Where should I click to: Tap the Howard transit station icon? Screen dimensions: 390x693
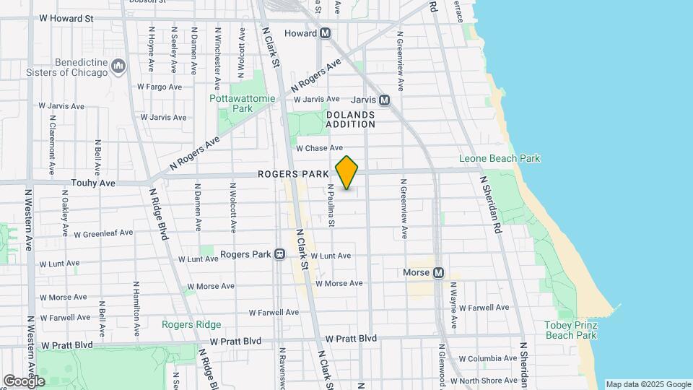pos(326,33)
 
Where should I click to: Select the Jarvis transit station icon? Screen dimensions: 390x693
pos(384,100)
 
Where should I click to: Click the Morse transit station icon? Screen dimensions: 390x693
pos(437,273)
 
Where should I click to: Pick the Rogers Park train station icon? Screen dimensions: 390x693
pos(279,254)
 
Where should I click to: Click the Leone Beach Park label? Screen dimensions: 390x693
pos(500,158)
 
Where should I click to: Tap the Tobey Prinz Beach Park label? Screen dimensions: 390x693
pos(570,330)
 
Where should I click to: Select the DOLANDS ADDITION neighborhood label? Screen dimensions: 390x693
pos(350,119)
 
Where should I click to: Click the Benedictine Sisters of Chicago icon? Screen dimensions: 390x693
pos(118,67)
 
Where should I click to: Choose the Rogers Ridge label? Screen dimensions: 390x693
pos(191,324)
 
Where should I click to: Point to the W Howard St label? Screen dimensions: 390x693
pos(66,17)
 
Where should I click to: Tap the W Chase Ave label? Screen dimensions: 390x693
pos(319,148)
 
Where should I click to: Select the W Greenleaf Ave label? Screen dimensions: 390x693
pos(103,233)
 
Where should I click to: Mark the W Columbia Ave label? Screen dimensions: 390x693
pos(488,358)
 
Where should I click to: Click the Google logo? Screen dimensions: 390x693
pos(23,381)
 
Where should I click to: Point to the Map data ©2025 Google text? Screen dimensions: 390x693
pos(648,384)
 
